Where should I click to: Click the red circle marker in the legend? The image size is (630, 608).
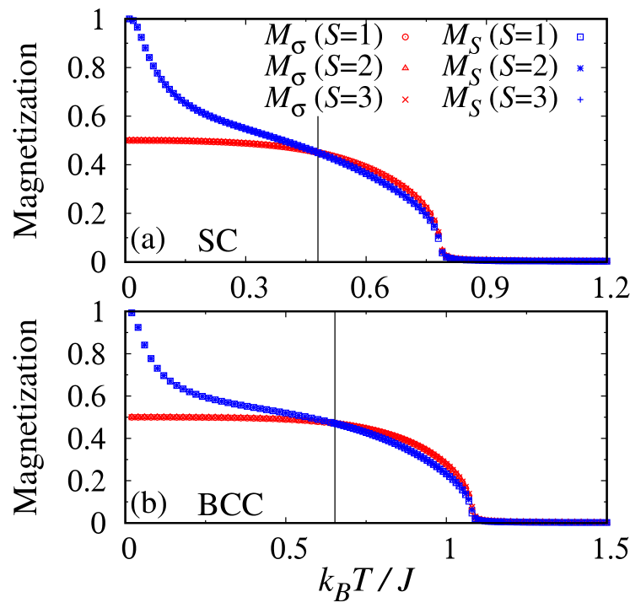tap(405, 37)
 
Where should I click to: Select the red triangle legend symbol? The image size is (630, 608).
tap(405, 67)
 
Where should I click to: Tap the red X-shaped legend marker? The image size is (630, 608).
tap(405, 100)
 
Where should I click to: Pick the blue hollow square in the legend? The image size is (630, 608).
tap(580, 37)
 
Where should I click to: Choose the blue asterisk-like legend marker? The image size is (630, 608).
tap(580, 68)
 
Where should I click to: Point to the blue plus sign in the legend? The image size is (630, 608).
tap(580, 100)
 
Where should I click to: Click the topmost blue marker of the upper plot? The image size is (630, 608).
tap(130, 17)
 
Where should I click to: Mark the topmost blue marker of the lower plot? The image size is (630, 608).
tap(132, 310)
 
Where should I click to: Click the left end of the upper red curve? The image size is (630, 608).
tap(129, 141)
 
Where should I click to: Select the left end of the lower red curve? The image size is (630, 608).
tap(130, 417)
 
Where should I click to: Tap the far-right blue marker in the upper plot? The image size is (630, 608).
tap(607, 261)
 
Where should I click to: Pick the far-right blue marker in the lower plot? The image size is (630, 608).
tap(607, 522)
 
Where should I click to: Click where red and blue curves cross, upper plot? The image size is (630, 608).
tap(317, 153)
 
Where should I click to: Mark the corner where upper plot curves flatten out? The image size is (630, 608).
tap(442, 254)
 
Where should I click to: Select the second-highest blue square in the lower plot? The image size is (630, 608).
tap(137, 327)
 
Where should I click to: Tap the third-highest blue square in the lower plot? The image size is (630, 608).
tap(144, 345)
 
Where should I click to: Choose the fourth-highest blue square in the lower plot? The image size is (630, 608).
tap(151, 358)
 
